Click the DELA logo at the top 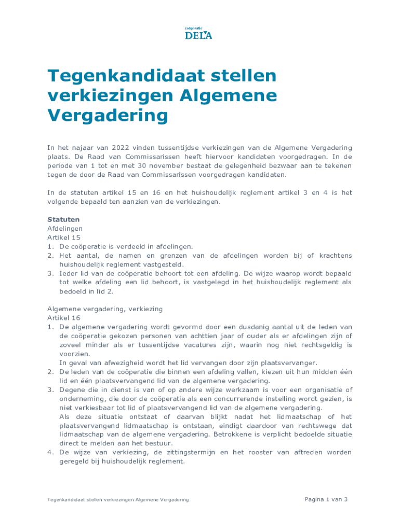pyautogui.click(x=198, y=34)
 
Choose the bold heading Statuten pyautogui.click(x=64, y=219)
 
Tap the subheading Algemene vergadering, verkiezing pyautogui.click(x=105, y=309)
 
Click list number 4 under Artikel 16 pyautogui.click(x=50, y=452)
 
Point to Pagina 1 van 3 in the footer pyautogui.click(x=326, y=499)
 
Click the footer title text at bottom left pyautogui.click(x=118, y=499)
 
